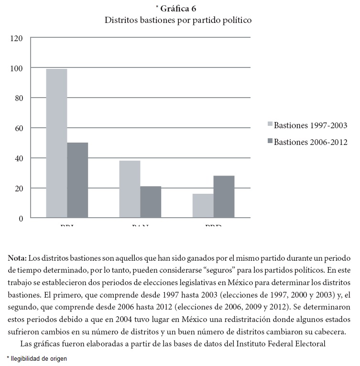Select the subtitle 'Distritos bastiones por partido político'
[x=178, y=21]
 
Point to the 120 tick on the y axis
[x=16, y=38]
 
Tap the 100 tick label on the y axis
[x=16, y=68]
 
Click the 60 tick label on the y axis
[x=18, y=128]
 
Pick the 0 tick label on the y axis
[x=20, y=218]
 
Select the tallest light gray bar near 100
[x=56, y=144]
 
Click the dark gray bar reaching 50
[x=77, y=180]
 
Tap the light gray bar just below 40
[x=130, y=189]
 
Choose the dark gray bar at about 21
[x=151, y=202]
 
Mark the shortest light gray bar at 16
[x=203, y=206]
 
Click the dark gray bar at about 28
[x=224, y=197]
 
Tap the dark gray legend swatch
[x=270, y=142]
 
